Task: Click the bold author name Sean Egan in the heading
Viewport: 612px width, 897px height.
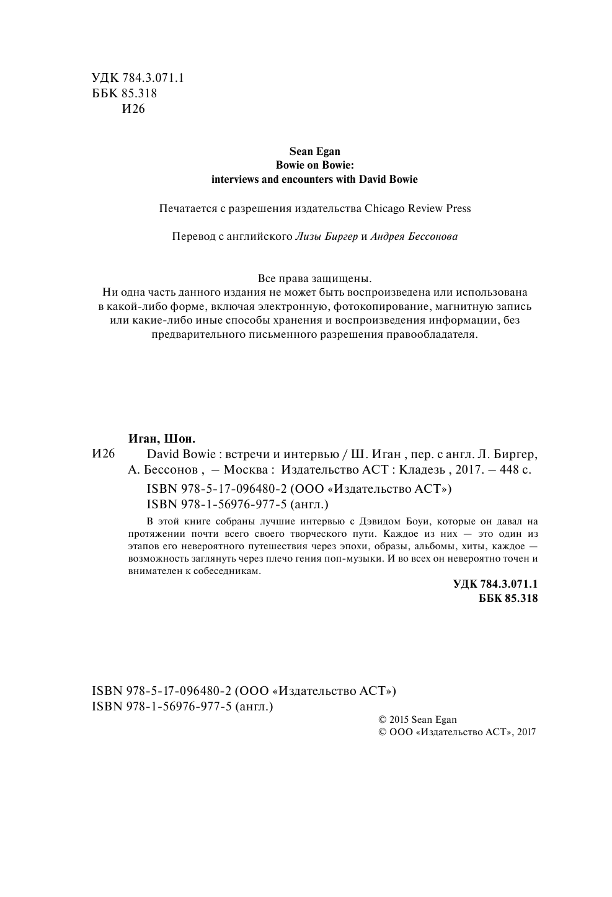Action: pyautogui.click(x=314, y=151)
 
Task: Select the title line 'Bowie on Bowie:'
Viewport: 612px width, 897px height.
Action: pyautogui.click(x=314, y=166)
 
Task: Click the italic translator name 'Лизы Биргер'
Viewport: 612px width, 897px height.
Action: pyautogui.click(x=327, y=237)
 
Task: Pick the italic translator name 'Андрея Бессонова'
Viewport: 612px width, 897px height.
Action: pyautogui.click(x=414, y=237)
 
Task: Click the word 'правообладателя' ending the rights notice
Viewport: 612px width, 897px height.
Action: pyautogui.click(x=437, y=335)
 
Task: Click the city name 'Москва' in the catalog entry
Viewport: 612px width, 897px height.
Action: pyautogui.click(x=246, y=469)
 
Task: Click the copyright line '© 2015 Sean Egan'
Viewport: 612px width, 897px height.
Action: pyautogui.click(x=417, y=720)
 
